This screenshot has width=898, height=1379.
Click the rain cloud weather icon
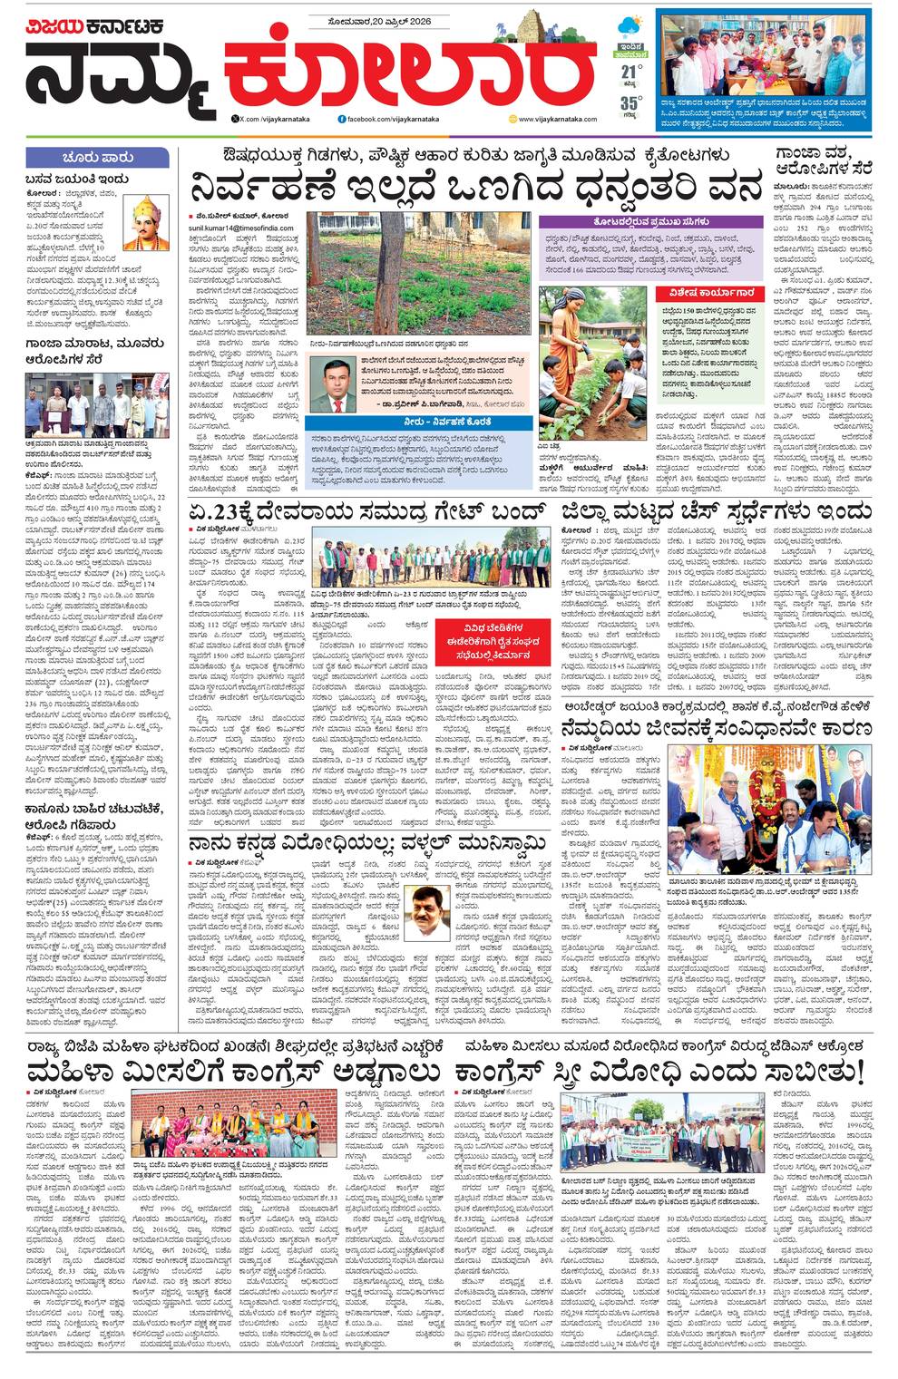pos(629,26)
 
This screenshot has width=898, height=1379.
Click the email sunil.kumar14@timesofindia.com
pos(241,228)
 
